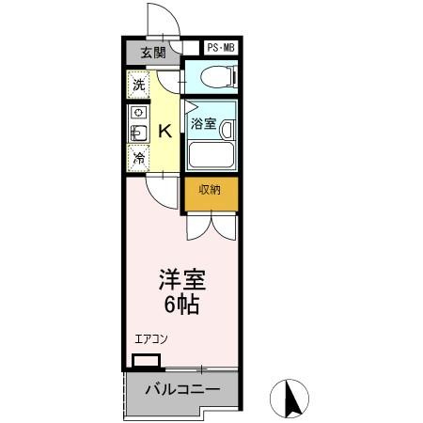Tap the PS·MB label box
(221, 46)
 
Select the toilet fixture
(213, 76)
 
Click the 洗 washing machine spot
(139, 85)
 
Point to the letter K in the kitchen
(164, 132)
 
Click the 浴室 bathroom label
(204, 123)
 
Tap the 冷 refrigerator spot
(139, 158)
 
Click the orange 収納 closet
(210, 190)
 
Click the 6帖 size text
(180, 305)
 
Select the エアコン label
(150, 339)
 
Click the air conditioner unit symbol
(146, 360)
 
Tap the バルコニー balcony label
(182, 388)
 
